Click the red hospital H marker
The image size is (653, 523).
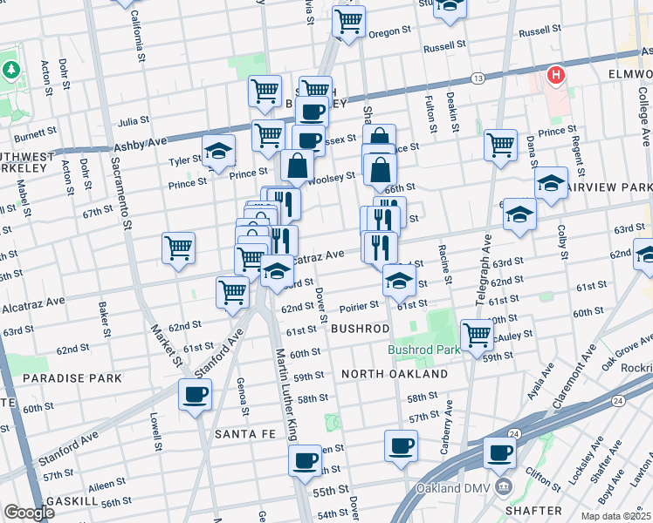tap(554, 76)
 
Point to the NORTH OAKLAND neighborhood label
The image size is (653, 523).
tap(395, 373)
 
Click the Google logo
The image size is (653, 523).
tap(29, 513)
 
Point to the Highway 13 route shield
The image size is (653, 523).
tap(478, 78)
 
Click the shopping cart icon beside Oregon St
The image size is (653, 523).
tap(349, 20)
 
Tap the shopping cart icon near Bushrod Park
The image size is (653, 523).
tap(477, 334)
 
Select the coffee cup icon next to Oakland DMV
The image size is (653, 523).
tap(500, 452)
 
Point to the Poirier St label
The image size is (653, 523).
tap(360, 305)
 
